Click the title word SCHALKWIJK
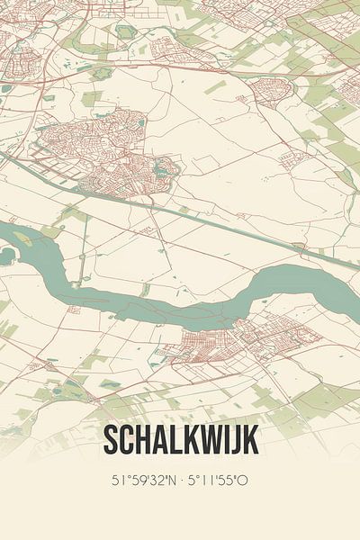click(x=180, y=440)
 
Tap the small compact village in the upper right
click(x=270, y=90)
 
